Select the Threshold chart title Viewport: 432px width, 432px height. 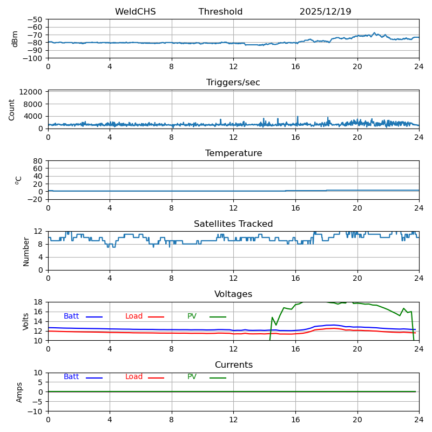tap(220, 12)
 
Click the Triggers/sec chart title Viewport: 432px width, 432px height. tap(233, 83)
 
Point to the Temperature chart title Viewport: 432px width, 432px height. tap(233, 153)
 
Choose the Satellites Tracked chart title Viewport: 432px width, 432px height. tap(233, 224)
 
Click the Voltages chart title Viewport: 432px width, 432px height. tap(233, 294)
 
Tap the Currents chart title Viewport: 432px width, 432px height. tap(233, 365)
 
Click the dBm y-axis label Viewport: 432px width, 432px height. tap(15, 39)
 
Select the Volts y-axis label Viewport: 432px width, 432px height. tap(26, 321)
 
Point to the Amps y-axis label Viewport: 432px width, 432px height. tap(19, 392)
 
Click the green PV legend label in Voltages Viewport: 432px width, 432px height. tap(192, 316)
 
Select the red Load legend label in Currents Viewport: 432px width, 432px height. tap(134, 377)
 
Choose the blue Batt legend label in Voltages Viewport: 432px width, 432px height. tap(71, 316)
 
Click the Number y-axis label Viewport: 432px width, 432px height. tap(26, 251)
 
